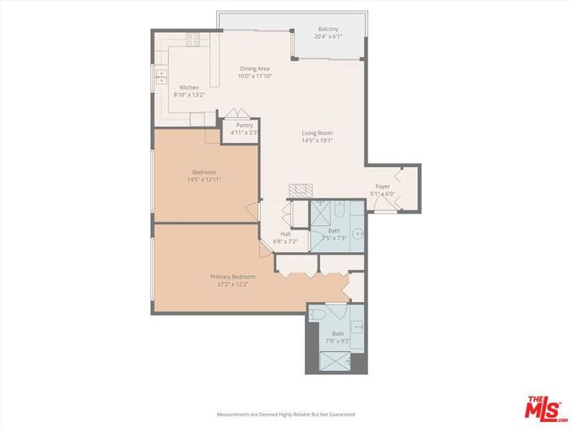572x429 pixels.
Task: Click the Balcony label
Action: [x=328, y=29]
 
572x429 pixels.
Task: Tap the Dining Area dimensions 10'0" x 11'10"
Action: [x=254, y=77]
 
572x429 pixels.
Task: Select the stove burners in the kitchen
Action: [x=192, y=38]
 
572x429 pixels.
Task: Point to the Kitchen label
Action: [x=189, y=87]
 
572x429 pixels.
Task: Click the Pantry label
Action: [x=244, y=125]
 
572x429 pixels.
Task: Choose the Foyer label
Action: [x=383, y=187]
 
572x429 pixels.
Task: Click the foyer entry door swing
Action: [x=380, y=203]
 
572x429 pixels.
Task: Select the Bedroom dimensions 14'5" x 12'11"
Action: [x=204, y=180]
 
